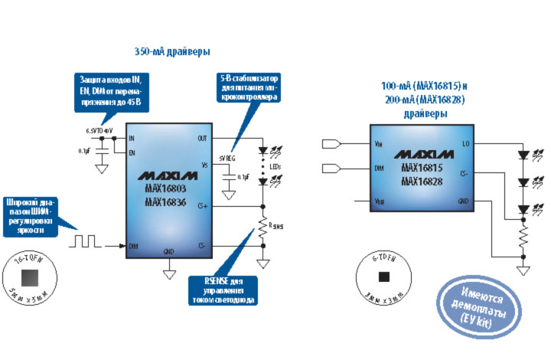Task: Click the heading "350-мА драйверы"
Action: point(171,51)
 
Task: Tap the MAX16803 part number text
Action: point(165,188)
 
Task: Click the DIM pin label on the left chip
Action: point(133,246)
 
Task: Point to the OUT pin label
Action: point(202,139)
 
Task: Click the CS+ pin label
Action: point(202,205)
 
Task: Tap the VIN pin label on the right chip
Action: point(378,143)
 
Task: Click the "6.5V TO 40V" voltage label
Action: point(100,130)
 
